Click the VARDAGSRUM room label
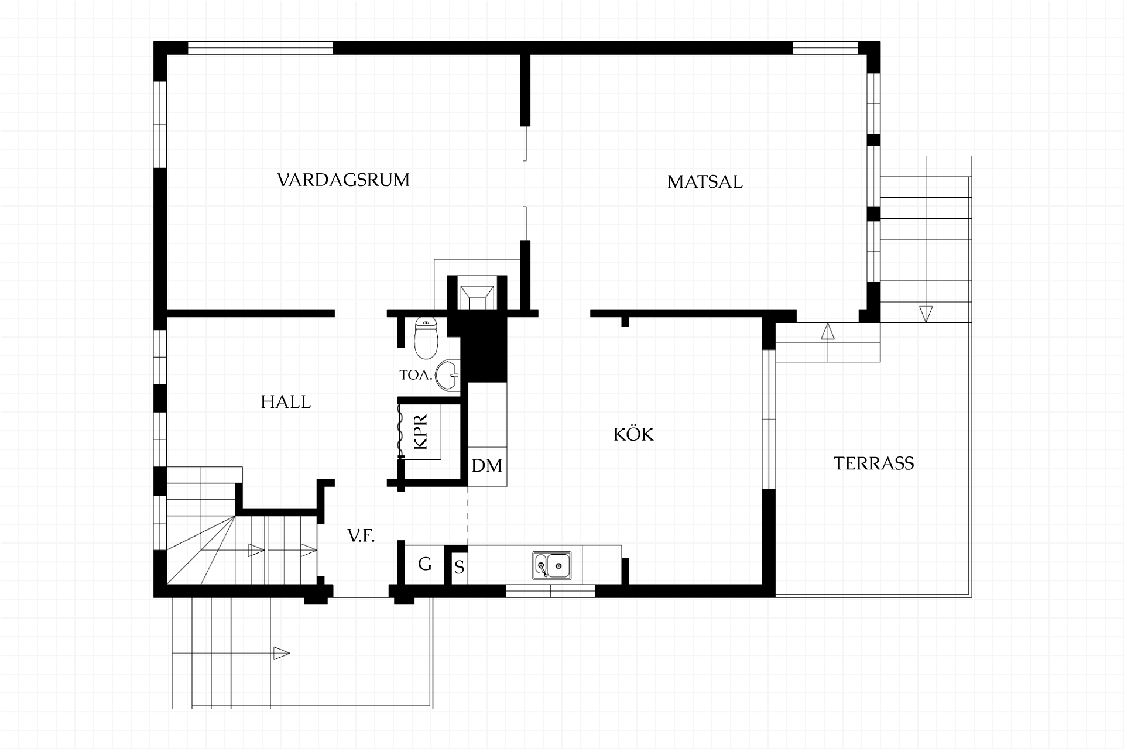(x=343, y=180)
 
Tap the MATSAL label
(x=705, y=182)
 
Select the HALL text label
(x=286, y=402)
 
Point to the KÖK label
(x=633, y=434)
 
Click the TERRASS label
(x=873, y=463)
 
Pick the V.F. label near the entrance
(x=361, y=535)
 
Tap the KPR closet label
(x=420, y=432)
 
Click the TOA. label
(x=416, y=375)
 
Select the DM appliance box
(x=487, y=466)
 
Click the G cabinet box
(x=425, y=565)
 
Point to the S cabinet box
(x=460, y=567)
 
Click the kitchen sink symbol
(x=552, y=565)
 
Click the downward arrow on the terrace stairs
(x=926, y=314)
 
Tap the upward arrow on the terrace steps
(x=827, y=331)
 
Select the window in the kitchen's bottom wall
(x=550, y=591)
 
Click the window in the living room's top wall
(x=261, y=47)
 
